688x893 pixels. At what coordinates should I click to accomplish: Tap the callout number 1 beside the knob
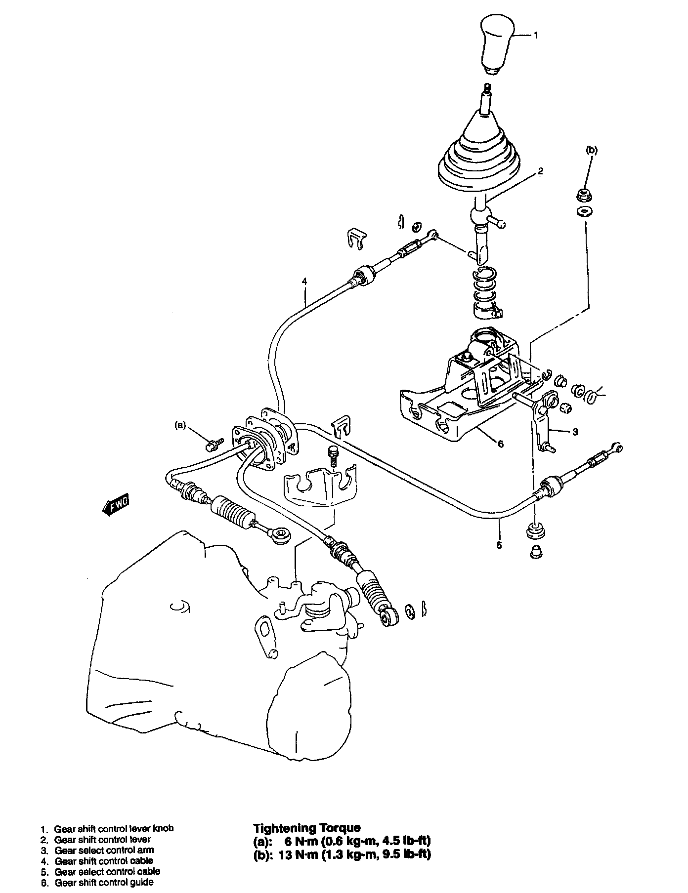pos(536,36)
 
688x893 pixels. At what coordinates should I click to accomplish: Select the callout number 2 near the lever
pos(540,171)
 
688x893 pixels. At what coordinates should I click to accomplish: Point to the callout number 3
pos(575,432)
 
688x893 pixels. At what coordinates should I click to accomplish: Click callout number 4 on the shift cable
pos(304,282)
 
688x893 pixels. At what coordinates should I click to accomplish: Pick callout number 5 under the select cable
pos(499,545)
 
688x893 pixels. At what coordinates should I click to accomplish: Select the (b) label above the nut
pos(591,150)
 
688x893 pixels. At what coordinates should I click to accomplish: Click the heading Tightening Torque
pos(306,828)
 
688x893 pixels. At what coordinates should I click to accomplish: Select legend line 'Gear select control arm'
pos(104,850)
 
